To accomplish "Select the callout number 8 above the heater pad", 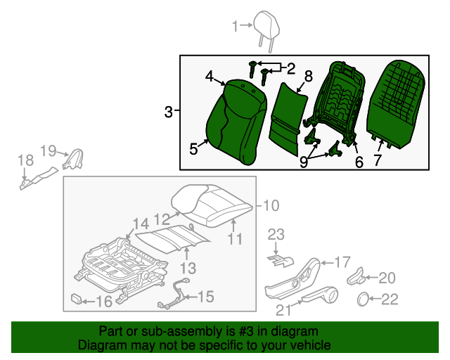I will pyautogui.click(x=307, y=76).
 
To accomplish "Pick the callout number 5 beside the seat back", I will pyautogui.click(x=194, y=148).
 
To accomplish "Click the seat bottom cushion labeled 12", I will pyautogui.click(x=211, y=204).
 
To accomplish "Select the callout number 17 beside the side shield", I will pyautogui.click(x=341, y=262).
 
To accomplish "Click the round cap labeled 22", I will pyautogui.click(x=364, y=299).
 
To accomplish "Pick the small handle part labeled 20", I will pyautogui.click(x=356, y=276).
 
